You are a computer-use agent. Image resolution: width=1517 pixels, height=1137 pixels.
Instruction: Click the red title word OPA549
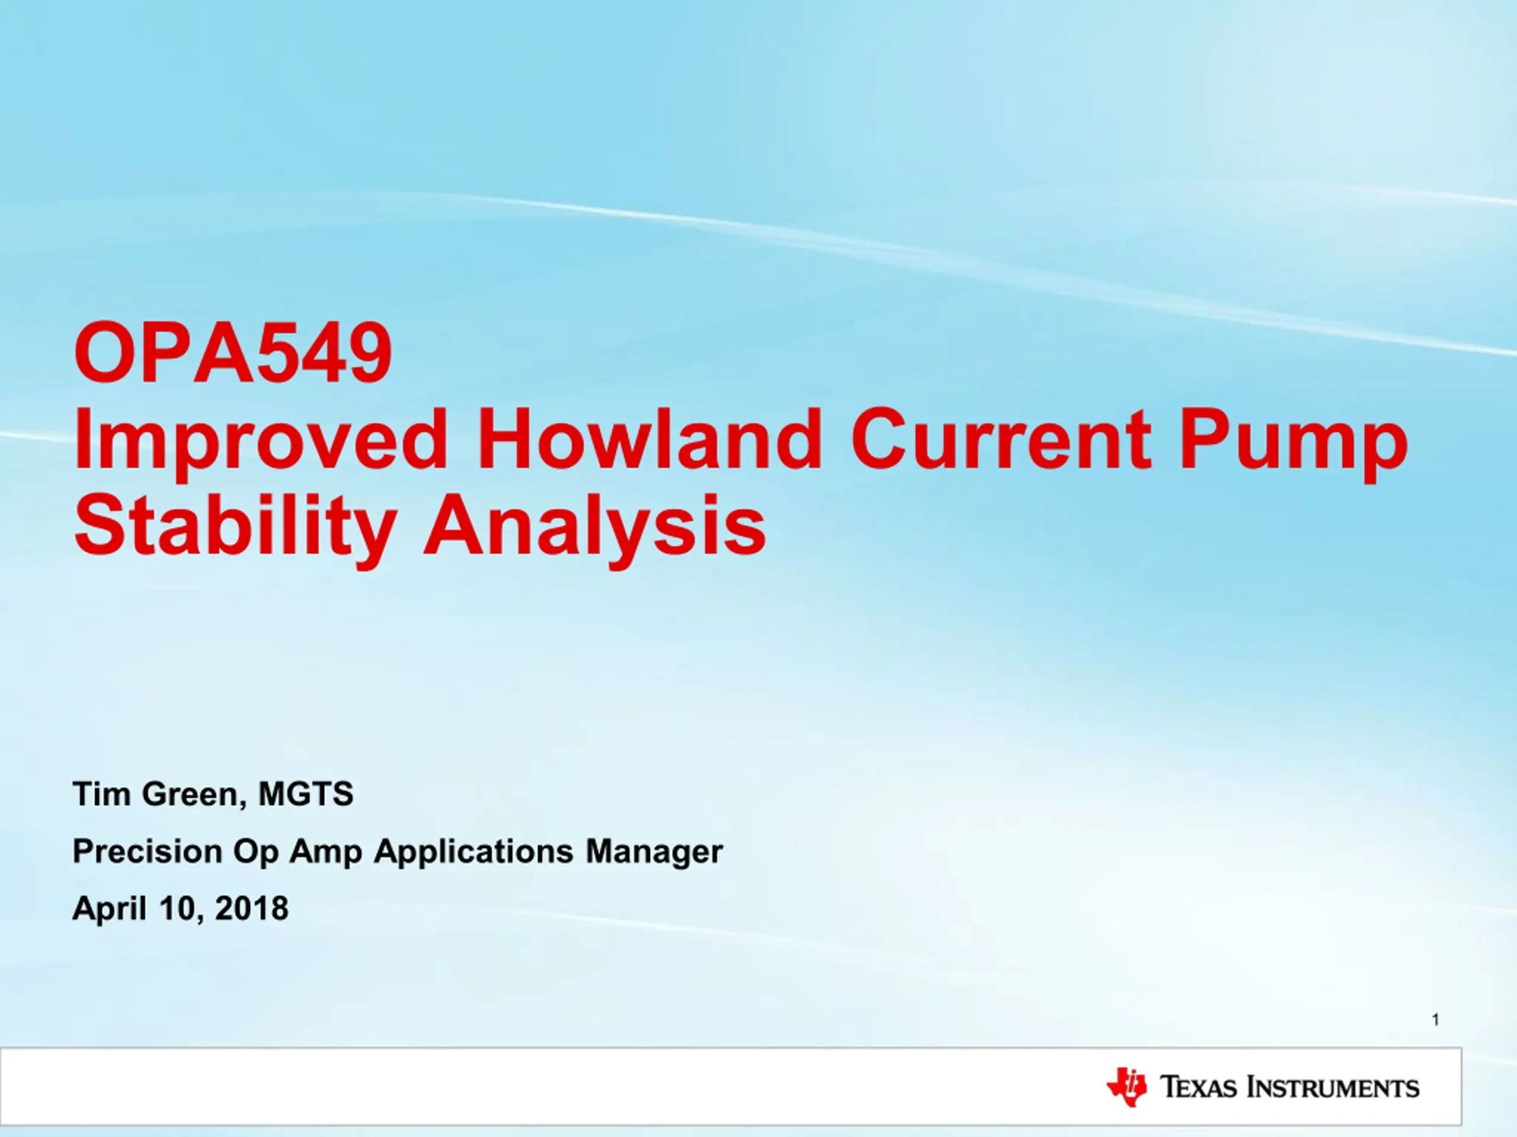coord(233,353)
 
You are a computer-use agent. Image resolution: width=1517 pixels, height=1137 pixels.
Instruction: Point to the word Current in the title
coord(1001,439)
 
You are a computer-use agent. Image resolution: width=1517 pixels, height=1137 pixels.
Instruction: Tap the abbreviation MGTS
coord(306,794)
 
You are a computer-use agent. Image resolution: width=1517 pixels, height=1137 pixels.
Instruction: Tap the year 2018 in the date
coord(252,909)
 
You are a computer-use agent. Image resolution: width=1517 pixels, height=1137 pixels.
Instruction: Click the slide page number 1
coord(1435,1020)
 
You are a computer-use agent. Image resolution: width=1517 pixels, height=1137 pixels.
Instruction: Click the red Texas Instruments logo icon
coord(1126,1087)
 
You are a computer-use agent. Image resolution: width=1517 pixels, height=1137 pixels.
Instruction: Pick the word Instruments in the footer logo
coord(1333,1088)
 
